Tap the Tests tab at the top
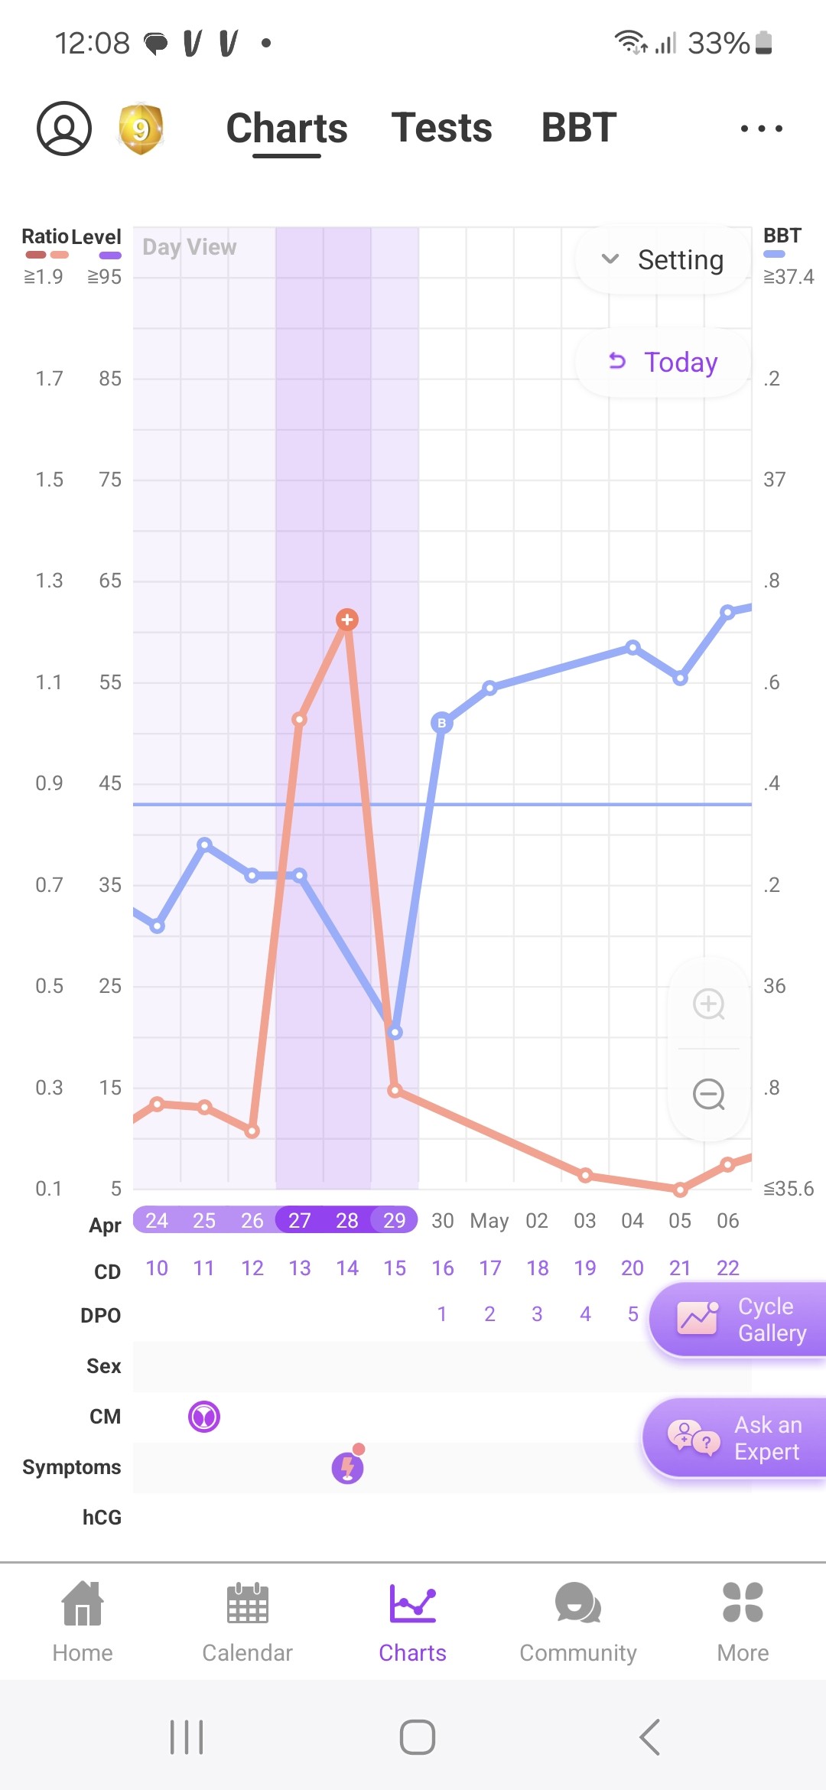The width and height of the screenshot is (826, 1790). coord(441,128)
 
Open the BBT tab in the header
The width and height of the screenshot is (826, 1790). coord(579,128)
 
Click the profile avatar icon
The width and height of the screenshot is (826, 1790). coord(64,129)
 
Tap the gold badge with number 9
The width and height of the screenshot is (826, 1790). coord(141,129)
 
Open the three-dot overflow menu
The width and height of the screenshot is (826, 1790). coord(761,129)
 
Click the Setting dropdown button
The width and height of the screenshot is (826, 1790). coord(662,260)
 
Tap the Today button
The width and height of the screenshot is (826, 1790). coord(662,362)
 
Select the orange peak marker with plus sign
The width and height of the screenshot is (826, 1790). coord(347,620)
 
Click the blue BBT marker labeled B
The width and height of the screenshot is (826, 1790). coord(441,723)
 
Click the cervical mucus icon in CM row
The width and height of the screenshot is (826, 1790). coord(204,1417)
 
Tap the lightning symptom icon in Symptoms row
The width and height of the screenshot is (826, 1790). coord(348,1466)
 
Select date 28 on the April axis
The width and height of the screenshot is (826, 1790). coord(347,1220)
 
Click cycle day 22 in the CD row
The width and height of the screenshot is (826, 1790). coord(727,1268)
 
